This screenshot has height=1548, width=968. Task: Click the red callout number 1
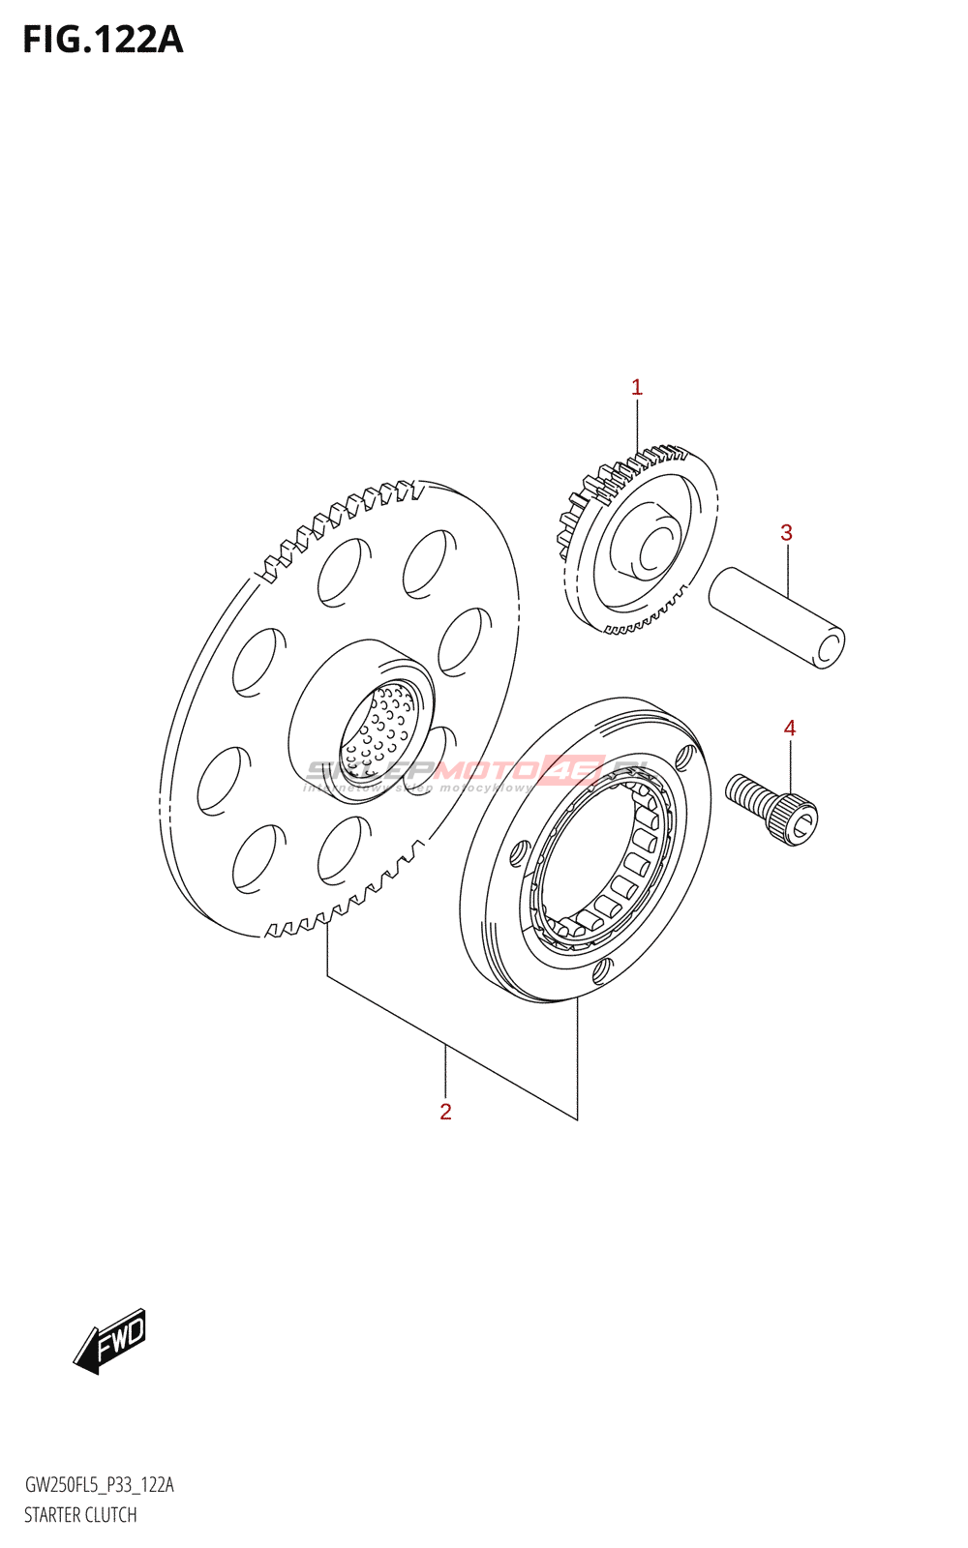(637, 388)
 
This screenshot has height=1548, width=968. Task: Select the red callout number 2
(445, 1112)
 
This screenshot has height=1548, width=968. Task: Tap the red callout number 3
(786, 533)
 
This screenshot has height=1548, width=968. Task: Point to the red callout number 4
(790, 729)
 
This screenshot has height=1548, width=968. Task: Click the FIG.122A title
(103, 40)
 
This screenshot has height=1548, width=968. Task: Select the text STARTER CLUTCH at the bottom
(80, 1515)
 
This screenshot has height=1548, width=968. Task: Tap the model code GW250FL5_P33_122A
(99, 1485)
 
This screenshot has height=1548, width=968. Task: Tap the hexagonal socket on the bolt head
(802, 823)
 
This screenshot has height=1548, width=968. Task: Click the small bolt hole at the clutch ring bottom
(600, 970)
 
